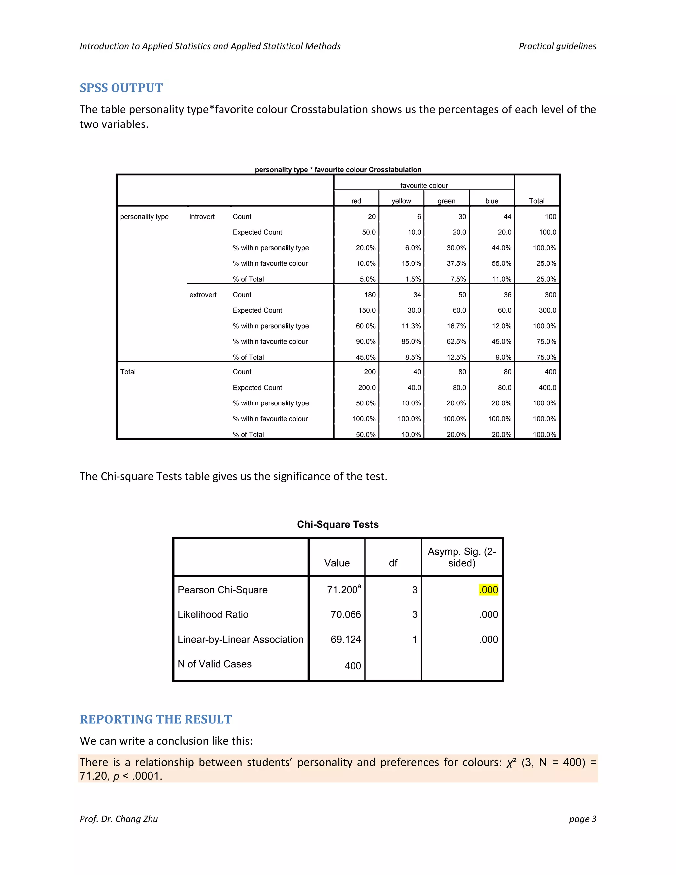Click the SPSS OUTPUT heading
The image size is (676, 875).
[121, 88]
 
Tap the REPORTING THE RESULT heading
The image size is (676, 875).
[156, 719]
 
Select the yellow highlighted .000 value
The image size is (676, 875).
[488, 590]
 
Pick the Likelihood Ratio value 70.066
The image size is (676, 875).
[346, 614]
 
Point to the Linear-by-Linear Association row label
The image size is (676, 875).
[240, 640]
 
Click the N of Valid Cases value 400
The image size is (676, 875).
[353, 666]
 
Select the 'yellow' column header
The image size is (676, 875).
[401, 201]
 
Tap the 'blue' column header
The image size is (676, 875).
[492, 201]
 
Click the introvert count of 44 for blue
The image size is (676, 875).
[507, 217]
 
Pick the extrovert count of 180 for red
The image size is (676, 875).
[370, 295]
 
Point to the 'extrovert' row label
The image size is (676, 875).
[203, 295]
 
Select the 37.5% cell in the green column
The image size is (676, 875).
[456, 263]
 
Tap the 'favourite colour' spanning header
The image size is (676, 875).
[424, 186]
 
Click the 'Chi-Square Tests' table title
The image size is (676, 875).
[338, 524]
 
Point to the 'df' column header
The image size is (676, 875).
[393, 563]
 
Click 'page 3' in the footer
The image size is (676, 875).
[582, 819]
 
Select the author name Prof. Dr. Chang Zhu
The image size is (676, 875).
[118, 819]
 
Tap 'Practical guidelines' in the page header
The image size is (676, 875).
[557, 46]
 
